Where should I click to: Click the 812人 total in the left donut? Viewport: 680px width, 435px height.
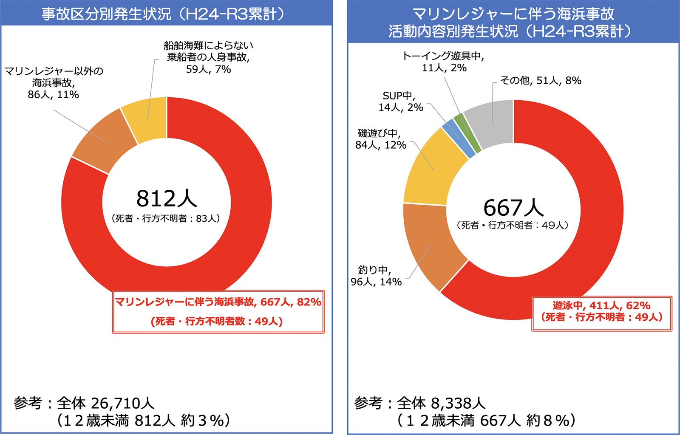point(167,198)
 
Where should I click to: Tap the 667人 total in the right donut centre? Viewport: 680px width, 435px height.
point(513,208)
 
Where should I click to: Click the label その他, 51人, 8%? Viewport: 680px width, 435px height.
point(540,81)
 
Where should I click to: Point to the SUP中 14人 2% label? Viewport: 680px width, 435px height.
point(400,102)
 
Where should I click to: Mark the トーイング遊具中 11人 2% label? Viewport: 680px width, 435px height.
point(444,62)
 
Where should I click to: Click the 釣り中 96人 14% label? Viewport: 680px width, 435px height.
point(376,276)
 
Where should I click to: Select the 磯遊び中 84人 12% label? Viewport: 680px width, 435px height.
point(380,139)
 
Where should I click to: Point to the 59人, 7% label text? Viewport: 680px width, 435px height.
point(208,69)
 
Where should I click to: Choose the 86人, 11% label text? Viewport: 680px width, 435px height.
point(54,94)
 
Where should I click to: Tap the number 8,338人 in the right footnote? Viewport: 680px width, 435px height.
point(458,403)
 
